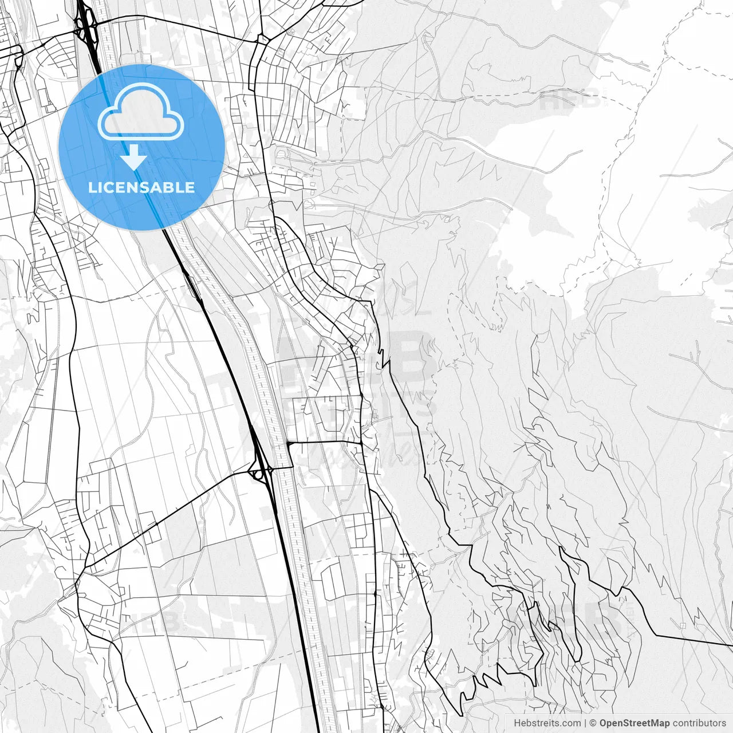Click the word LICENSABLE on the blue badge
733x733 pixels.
coord(141,187)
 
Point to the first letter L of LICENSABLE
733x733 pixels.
coord(92,187)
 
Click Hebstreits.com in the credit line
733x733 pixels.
coord(547,723)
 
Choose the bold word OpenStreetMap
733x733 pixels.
coord(634,723)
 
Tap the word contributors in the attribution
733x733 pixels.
coord(699,723)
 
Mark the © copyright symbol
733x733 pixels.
coord(593,723)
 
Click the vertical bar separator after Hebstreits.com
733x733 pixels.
coord(585,723)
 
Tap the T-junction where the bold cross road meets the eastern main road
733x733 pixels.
coord(362,443)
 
